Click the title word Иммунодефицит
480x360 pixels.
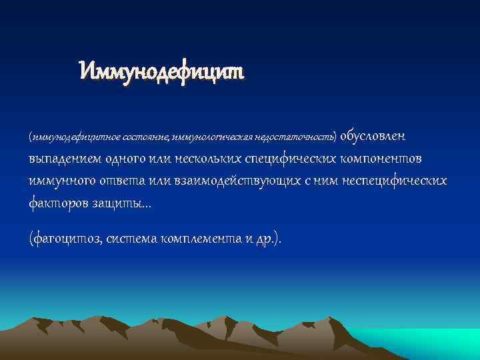(x=162, y=69)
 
